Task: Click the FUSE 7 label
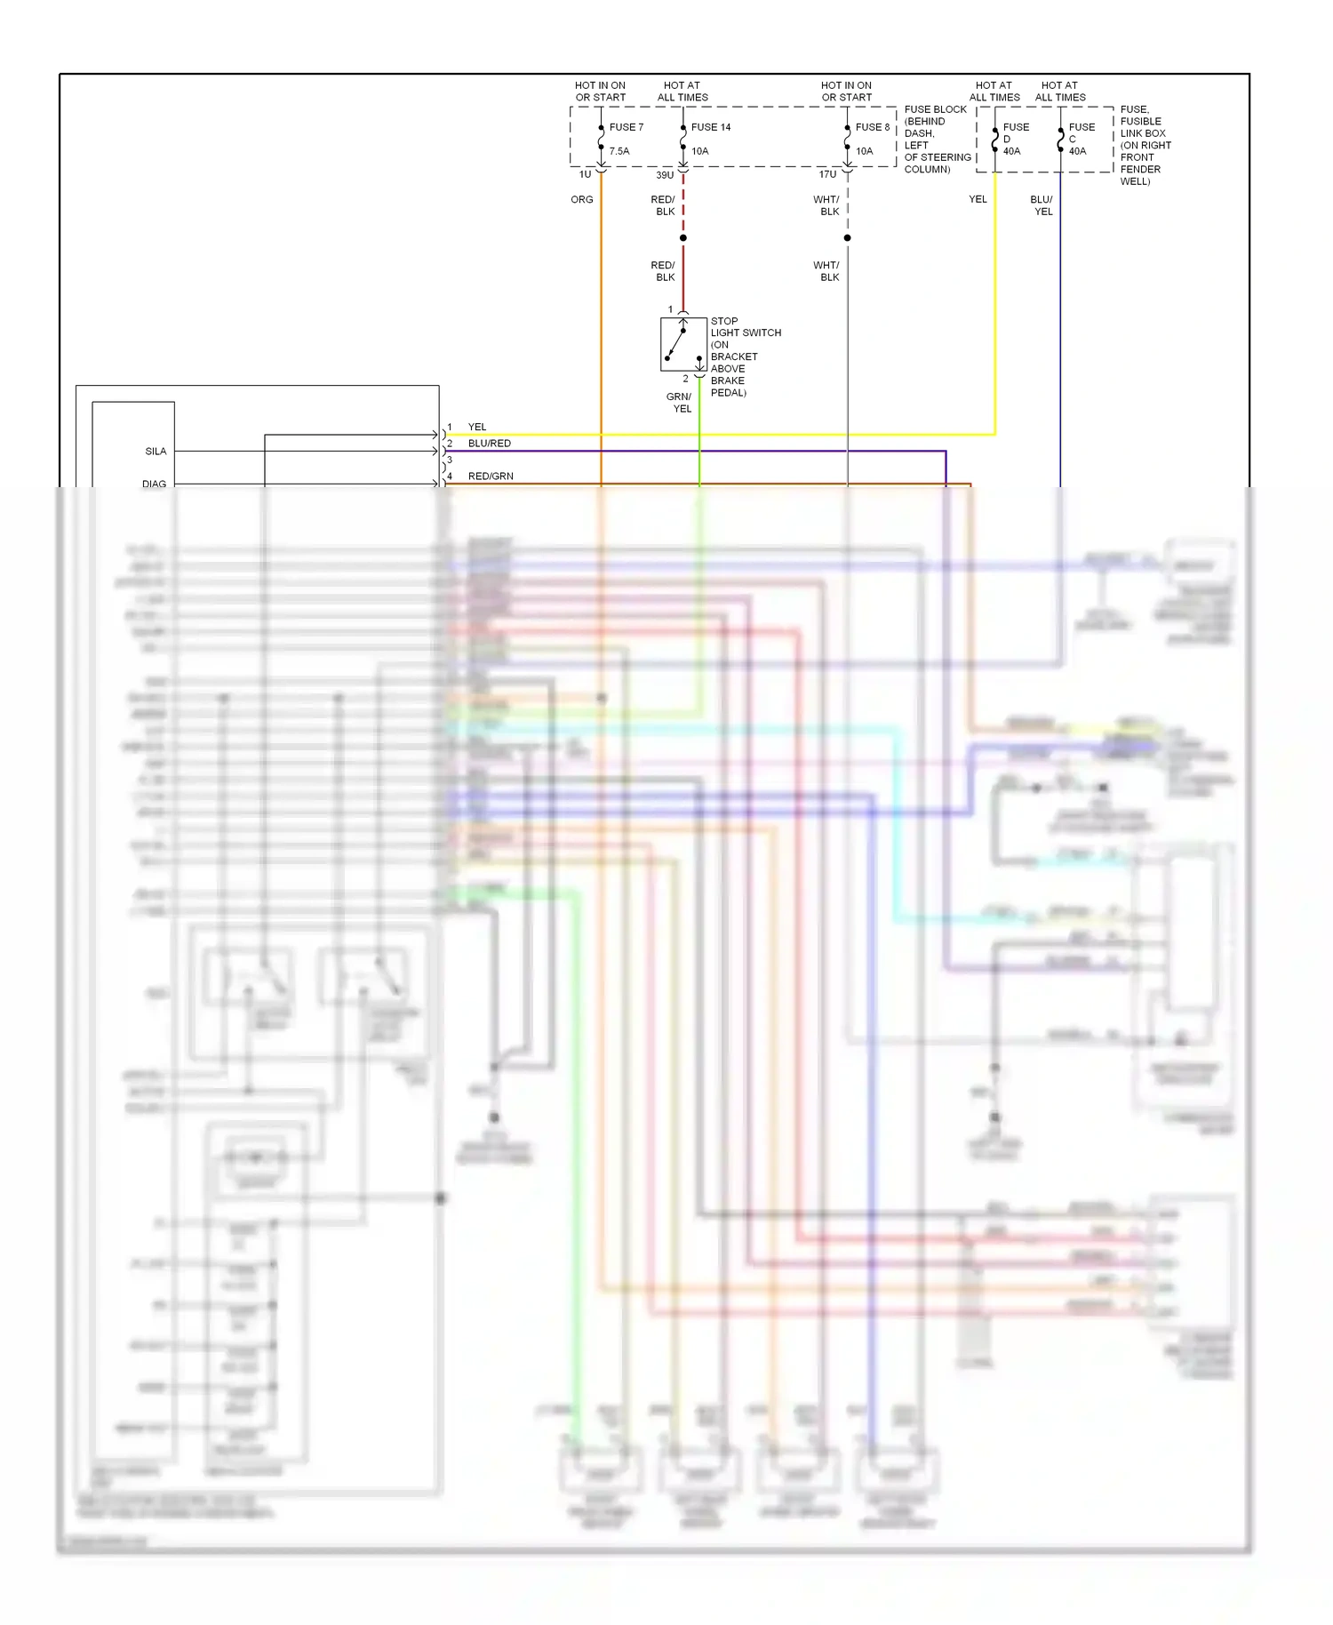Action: (626, 127)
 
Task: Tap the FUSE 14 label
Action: (711, 127)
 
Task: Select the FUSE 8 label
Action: (872, 127)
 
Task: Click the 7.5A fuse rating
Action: (619, 151)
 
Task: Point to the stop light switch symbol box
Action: (683, 344)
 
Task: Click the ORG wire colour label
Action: (582, 200)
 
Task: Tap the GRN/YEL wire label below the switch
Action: (680, 403)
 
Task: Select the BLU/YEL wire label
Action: (1042, 205)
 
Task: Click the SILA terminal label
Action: (156, 452)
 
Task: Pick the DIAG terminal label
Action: (154, 484)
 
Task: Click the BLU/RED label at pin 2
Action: (490, 444)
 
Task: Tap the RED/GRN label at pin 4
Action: (491, 476)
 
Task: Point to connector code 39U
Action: (665, 175)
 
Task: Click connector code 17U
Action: (827, 175)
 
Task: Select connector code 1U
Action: (585, 175)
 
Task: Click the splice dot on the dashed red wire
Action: (683, 238)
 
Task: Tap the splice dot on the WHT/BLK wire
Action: (848, 238)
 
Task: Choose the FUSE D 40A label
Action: (1015, 139)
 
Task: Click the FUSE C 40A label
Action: (1081, 139)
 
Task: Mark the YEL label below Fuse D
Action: (978, 200)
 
